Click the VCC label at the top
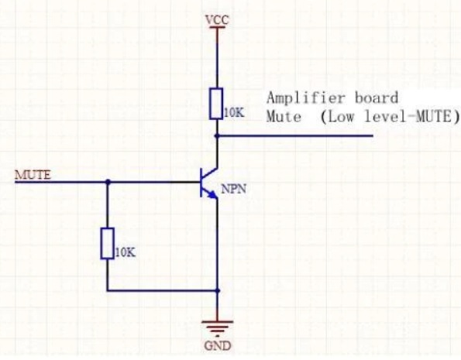pyautogui.click(x=216, y=18)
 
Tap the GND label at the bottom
pyautogui.click(x=216, y=345)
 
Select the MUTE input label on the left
pyautogui.click(x=33, y=174)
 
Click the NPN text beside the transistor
pyautogui.click(x=233, y=189)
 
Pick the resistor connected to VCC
pyautogui.click(x=216, y=103)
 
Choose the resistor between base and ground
pyautogui.click(x=107, y=243)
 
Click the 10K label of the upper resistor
pyautogui.click(x=234, y=113)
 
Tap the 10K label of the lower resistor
pyautogui.click(x=125, y=252)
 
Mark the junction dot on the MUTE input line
pyautogui.click(x=107, y=182)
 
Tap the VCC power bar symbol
pyautogui.click(x=216, y=28)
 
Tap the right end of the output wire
pyautogui.click(x=372, y=135)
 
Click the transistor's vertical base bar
pyautogui.click(x=203, y=182)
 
